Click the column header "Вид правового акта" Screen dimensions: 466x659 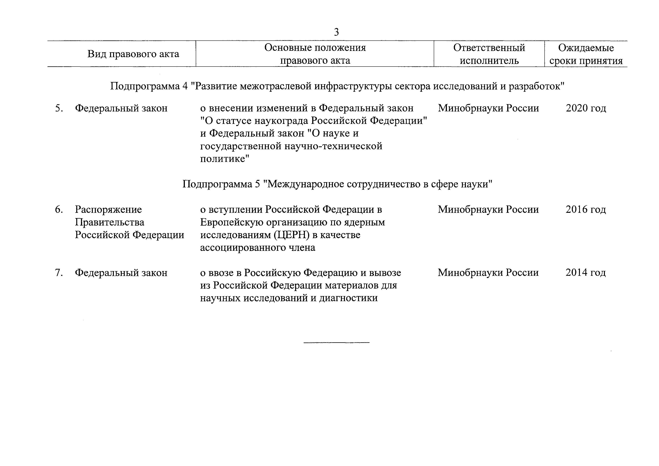pyautogui.click(x=133, y=54)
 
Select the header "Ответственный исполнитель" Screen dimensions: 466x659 pyautogui.click(x=489, y=54)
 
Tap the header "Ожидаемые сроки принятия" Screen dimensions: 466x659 pyautogui.click(x=586, y=54)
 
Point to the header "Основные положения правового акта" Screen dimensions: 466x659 pyautogui.click(x=315, y=54)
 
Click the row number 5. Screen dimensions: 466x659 pyautogui.click(x=59, y=108)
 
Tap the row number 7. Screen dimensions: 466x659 pyautogui.click(x=59, y=273)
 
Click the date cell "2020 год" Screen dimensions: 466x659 pyautogui.click(x=586, y=108)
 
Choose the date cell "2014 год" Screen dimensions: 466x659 pyautogui.click(x=586, y=273)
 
